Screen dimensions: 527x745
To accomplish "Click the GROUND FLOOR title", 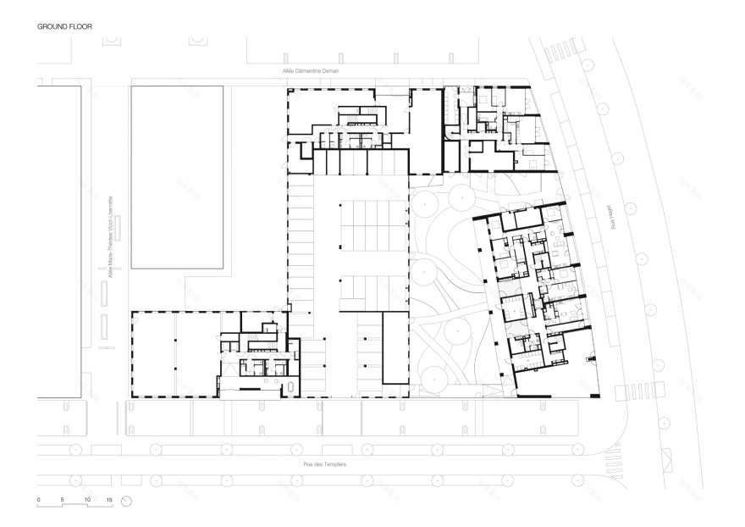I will coord(64,27).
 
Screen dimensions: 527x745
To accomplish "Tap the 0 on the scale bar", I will coord(38,500).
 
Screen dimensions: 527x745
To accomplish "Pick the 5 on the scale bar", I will coord(63,500).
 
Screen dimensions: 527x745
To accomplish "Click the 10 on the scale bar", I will coord(87,500).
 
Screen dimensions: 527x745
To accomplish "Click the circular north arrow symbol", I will coord(127,502).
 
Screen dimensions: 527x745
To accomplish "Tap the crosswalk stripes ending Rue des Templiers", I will coord(631,393).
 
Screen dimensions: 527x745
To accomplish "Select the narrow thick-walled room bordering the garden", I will coord(395,347).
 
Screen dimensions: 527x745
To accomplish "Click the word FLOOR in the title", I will coord(80,27).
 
